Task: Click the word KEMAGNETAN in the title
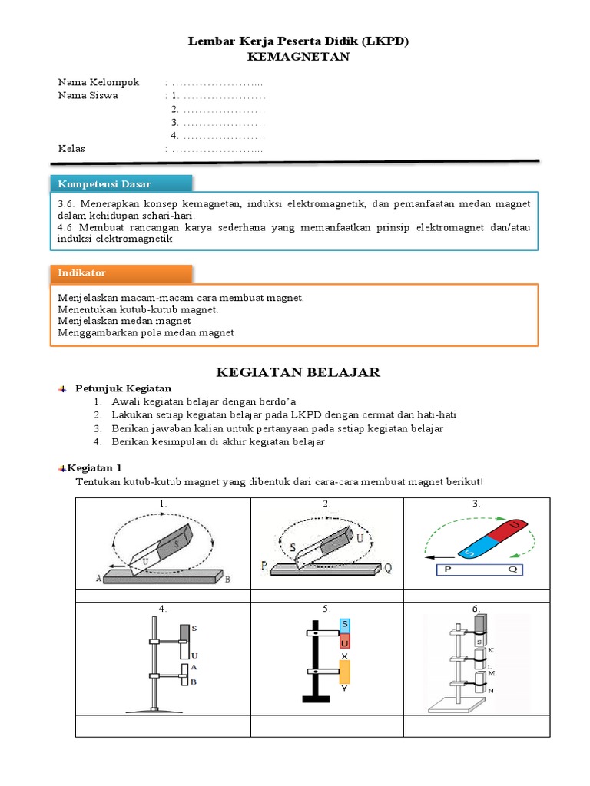(x=298, y=57)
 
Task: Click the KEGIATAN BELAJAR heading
(x=298, y=372)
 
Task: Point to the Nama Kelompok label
(x=99, y=82)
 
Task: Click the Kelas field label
(x=72, y=148)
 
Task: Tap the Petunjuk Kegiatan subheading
(x=123, y=388)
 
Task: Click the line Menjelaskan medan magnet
(x=124, y=321)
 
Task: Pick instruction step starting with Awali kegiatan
(x=204, y=401)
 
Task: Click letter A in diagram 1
(x=98, y=578)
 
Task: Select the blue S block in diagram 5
(x=345, y=626)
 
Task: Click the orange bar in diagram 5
(x=344, y=672)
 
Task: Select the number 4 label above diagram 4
(x=162, y=609)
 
